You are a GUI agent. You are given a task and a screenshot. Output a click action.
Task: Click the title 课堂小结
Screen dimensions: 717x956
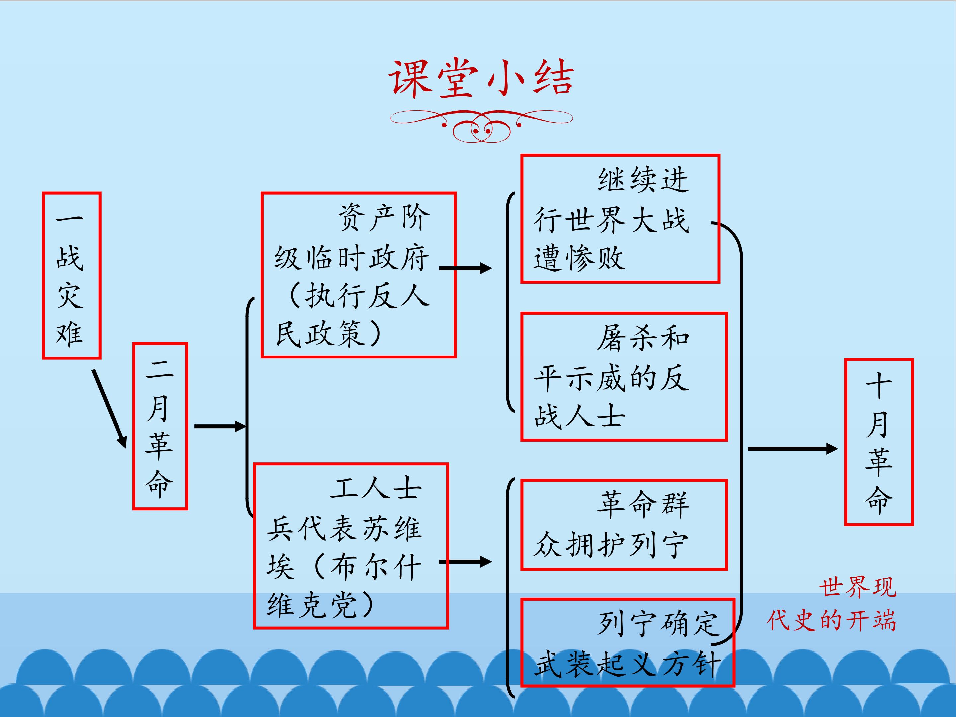(481, 78)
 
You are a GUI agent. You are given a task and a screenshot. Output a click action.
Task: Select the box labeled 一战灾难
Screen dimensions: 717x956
(72, 275)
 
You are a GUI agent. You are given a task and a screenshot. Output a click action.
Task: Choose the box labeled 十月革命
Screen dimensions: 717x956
(879, 442)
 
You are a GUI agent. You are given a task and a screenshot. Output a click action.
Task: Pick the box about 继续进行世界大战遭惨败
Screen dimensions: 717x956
(620, 219)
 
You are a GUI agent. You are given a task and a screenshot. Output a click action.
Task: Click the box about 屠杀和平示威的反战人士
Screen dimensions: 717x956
(624, 377)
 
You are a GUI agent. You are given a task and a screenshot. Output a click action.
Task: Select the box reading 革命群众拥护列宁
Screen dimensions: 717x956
(624, 525)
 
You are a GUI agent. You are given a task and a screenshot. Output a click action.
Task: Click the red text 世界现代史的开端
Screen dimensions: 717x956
(832, 604)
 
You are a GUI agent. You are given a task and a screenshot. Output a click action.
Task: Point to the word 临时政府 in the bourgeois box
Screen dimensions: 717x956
(367, 258)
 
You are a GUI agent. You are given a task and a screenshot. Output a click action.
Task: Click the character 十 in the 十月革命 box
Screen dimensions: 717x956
(879, 386)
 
